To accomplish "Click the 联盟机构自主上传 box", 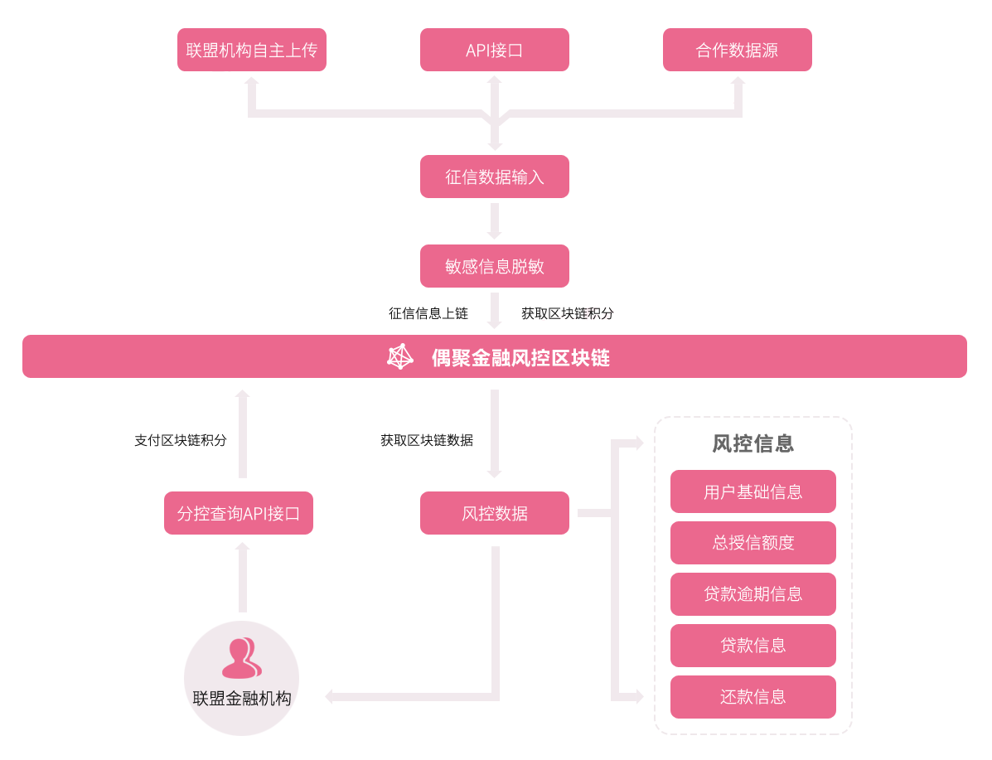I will pyautogui.click(x=251, y=50).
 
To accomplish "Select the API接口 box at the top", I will pyautogui.click(x=494, y=50).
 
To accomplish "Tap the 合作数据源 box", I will pyautogui.click(x=737, y=50).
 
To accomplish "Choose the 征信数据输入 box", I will pyautogui.click(x=494, y=177).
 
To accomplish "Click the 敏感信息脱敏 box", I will pyautogui.click(x=494, y=266).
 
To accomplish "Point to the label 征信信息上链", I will pyautogui.click(x=428, y=313).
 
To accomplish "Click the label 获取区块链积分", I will pyautogui.click(x=568, y=313).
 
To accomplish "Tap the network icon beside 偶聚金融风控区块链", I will pyautogui.click(x=400, y=356).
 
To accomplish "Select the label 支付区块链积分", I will pyautogui.click(x=181, y=440).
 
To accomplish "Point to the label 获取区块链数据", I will pyautogui.click(x=427, y=440).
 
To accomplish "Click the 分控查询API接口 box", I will pyautogui.click(x=239, y=513).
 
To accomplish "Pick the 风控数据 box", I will pyautogui.click(x=494, y=513).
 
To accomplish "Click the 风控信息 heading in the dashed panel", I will pyautogui.click(x=752, y=443).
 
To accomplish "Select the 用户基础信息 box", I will pyautogui.click(x=752, y=491).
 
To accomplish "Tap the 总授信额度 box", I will pyautogui.click(x=752, y=543).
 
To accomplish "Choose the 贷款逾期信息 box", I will pyautogui.click(x=752, y=594).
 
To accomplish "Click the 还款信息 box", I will pyautogui.click(x=752, y=697).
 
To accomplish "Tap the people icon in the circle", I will pyautogui.click(x=241, y=658).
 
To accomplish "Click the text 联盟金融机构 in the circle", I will pyautogui.click(x=242, y=698).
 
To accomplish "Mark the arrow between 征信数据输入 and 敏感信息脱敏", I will pyautogui.click(x=495, y=221).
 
